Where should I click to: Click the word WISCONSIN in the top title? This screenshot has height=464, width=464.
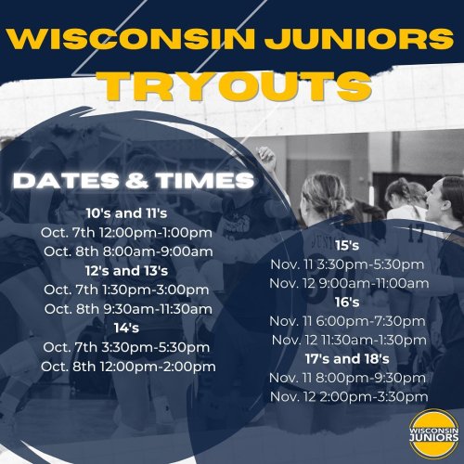(x=131, y=40)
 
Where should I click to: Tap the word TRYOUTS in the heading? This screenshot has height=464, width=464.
(x=237, y=86)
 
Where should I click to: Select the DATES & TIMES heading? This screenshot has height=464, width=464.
(x=134, y=180)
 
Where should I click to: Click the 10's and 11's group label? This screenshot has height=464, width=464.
(x=126, y=213)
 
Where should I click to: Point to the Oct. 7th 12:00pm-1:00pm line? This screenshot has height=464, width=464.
(x=126, y=233)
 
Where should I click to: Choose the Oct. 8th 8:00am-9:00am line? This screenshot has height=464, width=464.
(x=128, y=251)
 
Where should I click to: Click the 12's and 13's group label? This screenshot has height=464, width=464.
(x=127, y=271)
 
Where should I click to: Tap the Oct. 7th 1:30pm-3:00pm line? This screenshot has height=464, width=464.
(x=126, y=290)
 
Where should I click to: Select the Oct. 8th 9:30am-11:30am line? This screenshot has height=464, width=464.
(x=128, y=309)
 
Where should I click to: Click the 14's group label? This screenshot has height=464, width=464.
(x=126, y=329)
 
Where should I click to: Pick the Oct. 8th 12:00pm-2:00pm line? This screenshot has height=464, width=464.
(x=128, y=367)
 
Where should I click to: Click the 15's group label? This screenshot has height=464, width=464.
(x=347, y=246)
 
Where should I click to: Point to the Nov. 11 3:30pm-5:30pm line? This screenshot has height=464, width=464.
(x=347, y=264)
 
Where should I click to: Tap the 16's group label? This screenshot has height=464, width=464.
(x=347, y=303)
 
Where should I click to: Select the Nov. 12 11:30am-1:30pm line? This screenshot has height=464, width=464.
(x=349, y=341)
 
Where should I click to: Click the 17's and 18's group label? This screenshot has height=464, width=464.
(x=347, y=359)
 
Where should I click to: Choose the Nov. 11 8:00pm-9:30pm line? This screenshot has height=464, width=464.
(x=347, y=378)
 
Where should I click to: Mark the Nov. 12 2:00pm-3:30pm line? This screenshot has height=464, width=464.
(x=349, y=397)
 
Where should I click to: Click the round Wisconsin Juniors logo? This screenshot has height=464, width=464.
(x=434, y=434)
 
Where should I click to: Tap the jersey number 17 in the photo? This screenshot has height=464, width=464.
(x=415, y=234)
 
